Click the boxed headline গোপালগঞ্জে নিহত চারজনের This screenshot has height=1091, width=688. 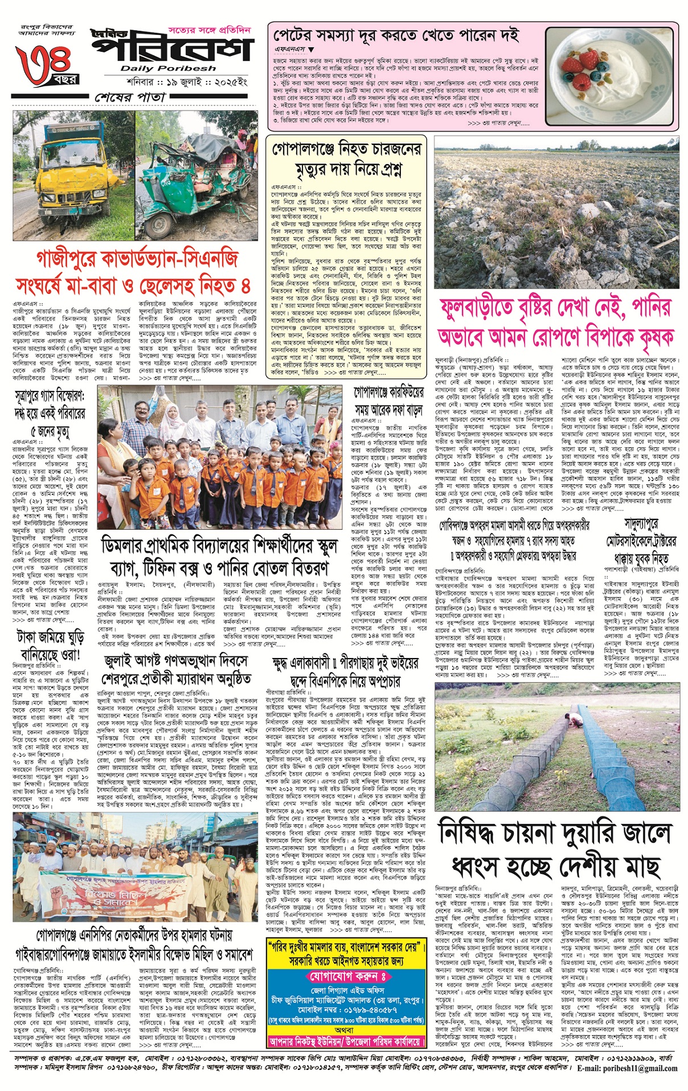346,160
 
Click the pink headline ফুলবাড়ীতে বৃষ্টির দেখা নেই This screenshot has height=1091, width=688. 556,322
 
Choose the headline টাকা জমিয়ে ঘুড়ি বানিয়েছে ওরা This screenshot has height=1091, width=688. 52,645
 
